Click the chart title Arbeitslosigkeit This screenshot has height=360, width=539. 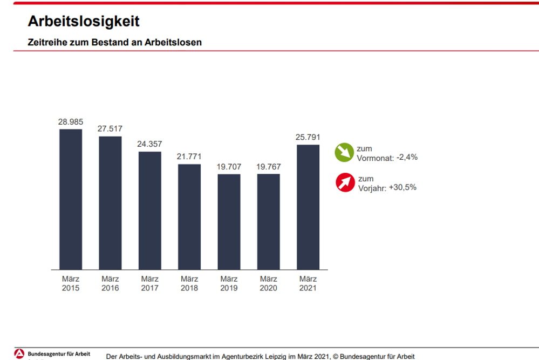(84, 21)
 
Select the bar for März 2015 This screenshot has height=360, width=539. (71, 199)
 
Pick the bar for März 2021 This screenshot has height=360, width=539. (308, 207)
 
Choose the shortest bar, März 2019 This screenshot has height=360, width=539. (229, 222)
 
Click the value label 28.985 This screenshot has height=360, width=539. (70, 122)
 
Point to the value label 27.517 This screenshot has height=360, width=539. (110, 129)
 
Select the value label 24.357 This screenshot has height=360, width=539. (149, 144)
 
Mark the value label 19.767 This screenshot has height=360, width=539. (268, 167)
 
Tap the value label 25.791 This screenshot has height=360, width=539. (308, 137)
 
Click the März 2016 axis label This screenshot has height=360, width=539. (110, 283)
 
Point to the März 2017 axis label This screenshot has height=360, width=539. (149, 283)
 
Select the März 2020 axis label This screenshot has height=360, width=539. (268, 283)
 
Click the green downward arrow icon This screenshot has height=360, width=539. (343, 153)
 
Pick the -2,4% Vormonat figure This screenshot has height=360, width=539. (407, 158)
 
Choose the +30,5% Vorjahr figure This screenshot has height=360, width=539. (402, 187)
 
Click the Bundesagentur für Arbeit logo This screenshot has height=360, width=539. (19, 354)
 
